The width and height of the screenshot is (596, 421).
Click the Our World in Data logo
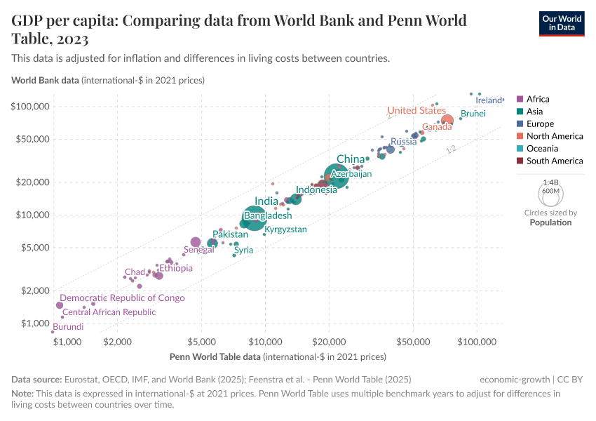tap(561, 22)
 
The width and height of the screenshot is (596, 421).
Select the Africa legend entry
tap(537, 99)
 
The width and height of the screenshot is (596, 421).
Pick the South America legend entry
tap(554, 161)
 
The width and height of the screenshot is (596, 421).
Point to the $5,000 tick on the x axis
tap(201, 341)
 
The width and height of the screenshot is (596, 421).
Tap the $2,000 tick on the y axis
tap(35, 290)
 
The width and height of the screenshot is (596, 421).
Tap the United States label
tap(416, 110)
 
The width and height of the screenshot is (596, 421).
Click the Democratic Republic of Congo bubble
tap(60, 305)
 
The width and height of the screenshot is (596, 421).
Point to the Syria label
tap(244, 250)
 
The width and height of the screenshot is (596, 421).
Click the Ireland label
tap(488, 100)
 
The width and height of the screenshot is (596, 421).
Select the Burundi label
tap(68, 327)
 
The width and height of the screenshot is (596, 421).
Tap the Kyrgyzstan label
tap(285, 229)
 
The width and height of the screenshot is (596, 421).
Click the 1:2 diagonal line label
tap(451, 149)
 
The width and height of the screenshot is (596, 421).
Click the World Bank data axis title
tap(45, 80)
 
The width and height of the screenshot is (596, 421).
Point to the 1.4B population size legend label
tap(550, 182)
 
